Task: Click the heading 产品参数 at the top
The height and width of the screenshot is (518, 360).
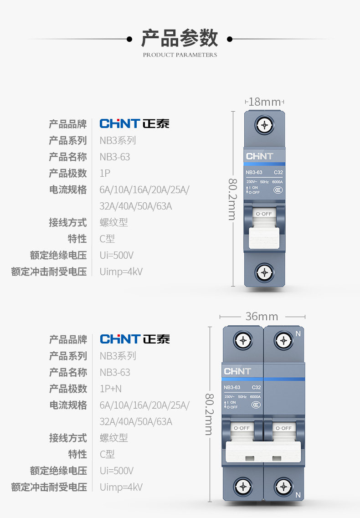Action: pos(180,38)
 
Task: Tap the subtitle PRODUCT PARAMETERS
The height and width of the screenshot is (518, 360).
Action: pos(180,55)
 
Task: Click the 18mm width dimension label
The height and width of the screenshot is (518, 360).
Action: pos(264,102)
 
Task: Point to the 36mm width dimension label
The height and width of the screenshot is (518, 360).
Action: pos(262,316)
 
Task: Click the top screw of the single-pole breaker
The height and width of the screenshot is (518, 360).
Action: pos(264,124)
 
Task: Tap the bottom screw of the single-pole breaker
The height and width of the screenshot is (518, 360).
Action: pos(264,272)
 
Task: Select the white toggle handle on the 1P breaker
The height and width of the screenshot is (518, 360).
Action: pos(264,235)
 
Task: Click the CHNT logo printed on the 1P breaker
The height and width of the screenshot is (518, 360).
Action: pos(259,156)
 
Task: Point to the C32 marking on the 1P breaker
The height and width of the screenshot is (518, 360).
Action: pos(278,173)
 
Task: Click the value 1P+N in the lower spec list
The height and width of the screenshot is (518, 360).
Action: pos(111,389)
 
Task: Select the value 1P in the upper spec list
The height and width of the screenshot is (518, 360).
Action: pos(105,173)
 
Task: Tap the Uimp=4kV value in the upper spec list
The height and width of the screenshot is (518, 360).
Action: pos(121,272)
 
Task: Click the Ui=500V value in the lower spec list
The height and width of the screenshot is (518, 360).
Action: pos(116,471)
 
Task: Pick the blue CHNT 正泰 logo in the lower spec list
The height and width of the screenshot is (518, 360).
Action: pos(134,339)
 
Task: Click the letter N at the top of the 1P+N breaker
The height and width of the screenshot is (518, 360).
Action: pos(298,333)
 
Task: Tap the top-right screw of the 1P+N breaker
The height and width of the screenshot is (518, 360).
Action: pos(283,340)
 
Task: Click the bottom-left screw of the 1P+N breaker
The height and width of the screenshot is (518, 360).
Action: pos(242,487)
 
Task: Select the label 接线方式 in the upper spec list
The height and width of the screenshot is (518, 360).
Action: pos(68,222)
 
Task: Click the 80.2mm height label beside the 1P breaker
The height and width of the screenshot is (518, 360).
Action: pos(232,199)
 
